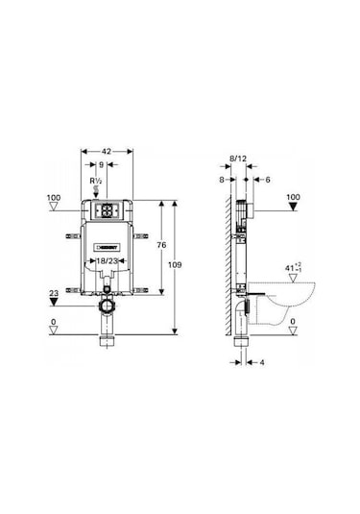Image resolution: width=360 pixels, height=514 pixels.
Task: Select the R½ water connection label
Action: (x=95, y=180)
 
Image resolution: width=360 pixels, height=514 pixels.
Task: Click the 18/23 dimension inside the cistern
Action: (x=106, y=258)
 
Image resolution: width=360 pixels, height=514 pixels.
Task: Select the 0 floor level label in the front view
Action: (x=54, y=322)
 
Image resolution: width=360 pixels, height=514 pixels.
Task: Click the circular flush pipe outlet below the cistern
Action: (x=106, y=306)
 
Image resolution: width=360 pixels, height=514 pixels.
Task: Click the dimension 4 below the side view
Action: (x=261, y=363)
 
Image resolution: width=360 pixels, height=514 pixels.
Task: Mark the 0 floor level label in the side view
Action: (x=294, y=322)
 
